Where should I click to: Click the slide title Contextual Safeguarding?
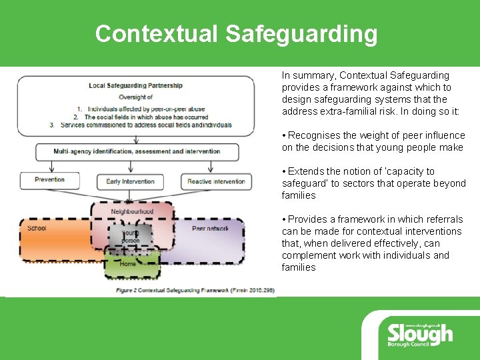[x=236, y=33]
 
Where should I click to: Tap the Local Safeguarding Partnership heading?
[x=135, y=85]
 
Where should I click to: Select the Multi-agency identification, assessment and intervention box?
[x=137, y=151]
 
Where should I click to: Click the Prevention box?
[x=50, y=180]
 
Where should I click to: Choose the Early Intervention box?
[x=130, y=181]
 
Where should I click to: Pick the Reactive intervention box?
[x=216, y=181]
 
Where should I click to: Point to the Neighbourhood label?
[x=132, y=211]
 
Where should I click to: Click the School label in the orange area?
[x=37, y=228]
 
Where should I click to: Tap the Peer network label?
[x=210, y=229]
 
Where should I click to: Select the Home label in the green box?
[x=127, y=263]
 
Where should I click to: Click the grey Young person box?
[x=131, y=236]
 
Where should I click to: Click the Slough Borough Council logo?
[x=419, y=333]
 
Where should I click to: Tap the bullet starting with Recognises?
[x=373, y=141]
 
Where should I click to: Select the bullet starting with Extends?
[x=373, y=183]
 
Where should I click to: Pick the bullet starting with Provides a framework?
[x=373, y=243]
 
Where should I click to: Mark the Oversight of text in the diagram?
[x=135, y=97]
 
